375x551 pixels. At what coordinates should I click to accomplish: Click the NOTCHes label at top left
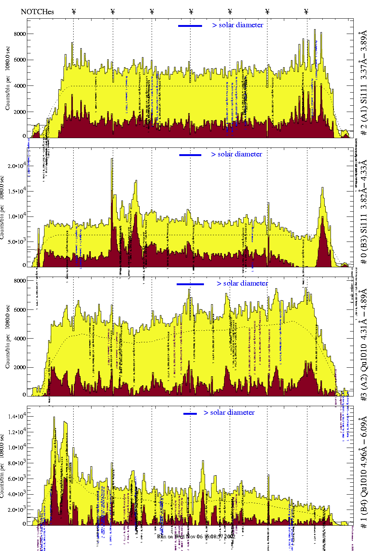coord(37,12)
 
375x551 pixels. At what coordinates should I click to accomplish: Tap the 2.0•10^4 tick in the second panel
coord(16,166)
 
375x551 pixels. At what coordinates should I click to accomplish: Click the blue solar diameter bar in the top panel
coord(190,26)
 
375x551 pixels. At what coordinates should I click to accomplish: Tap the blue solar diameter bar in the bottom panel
coord(190,414)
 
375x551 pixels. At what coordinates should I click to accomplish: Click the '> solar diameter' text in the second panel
coord(236,154)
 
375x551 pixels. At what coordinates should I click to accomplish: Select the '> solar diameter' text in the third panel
coord(242,283)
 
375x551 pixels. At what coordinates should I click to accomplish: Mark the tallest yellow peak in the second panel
coord(112,159)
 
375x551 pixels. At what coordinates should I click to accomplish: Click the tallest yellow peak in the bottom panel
coord(54,418)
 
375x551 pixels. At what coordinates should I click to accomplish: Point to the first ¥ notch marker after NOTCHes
coord(74,12)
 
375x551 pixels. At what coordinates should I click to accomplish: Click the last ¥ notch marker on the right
coord(306,12)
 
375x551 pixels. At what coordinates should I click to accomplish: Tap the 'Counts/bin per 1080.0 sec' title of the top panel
coord(8,78)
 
